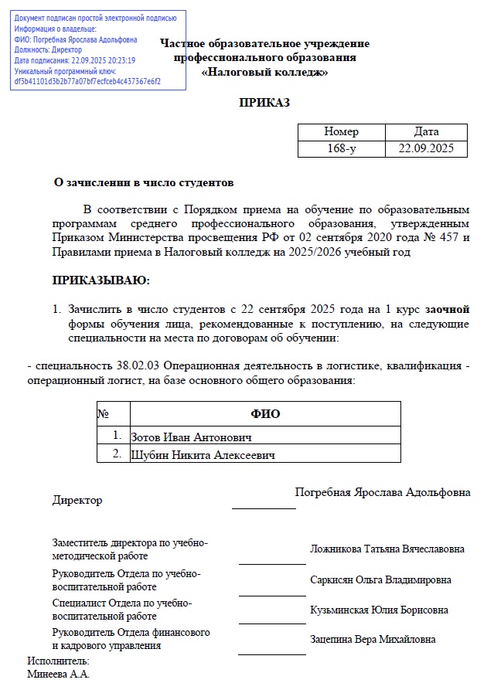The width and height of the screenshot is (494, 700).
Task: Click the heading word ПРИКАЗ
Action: pos(264,103)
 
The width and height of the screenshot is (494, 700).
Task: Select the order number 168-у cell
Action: pos(341,148)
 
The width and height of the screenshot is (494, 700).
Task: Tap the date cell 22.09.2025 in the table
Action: pos(426,148)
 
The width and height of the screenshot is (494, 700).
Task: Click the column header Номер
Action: pos(341,131)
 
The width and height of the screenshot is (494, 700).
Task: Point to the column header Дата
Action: pos(426,131)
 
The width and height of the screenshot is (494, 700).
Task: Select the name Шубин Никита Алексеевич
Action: pos(203,454)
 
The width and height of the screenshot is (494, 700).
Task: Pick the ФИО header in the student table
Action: pos(265,414)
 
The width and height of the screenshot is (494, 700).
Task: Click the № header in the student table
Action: pos(103,413)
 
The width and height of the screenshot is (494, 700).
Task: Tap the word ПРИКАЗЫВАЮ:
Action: pos(101,280)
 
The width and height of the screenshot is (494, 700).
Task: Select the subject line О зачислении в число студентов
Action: pos(142,183)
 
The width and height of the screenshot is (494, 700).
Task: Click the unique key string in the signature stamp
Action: pos(87,80)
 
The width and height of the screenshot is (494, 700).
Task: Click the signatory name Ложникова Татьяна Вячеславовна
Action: pos(387,549)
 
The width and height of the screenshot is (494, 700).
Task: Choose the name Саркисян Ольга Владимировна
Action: pos(380,579)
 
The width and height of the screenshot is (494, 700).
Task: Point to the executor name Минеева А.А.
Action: pos(58,675)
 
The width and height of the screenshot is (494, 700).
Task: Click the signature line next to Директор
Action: pos(263,508)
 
